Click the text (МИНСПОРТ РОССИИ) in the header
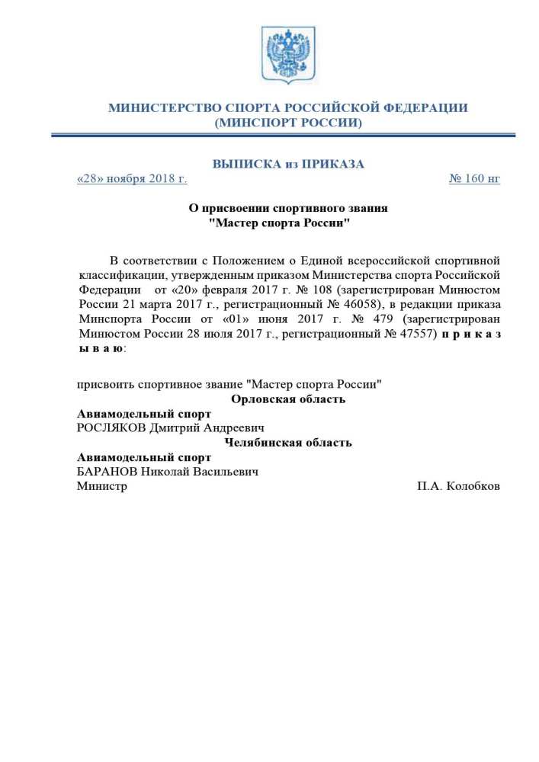287,122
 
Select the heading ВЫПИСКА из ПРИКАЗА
287,164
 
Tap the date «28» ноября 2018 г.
132,179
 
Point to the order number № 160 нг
474,179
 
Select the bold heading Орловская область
287,399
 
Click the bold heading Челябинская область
287,443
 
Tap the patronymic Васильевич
223,472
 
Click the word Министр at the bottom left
102,486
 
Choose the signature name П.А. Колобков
458,486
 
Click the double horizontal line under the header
287,136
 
